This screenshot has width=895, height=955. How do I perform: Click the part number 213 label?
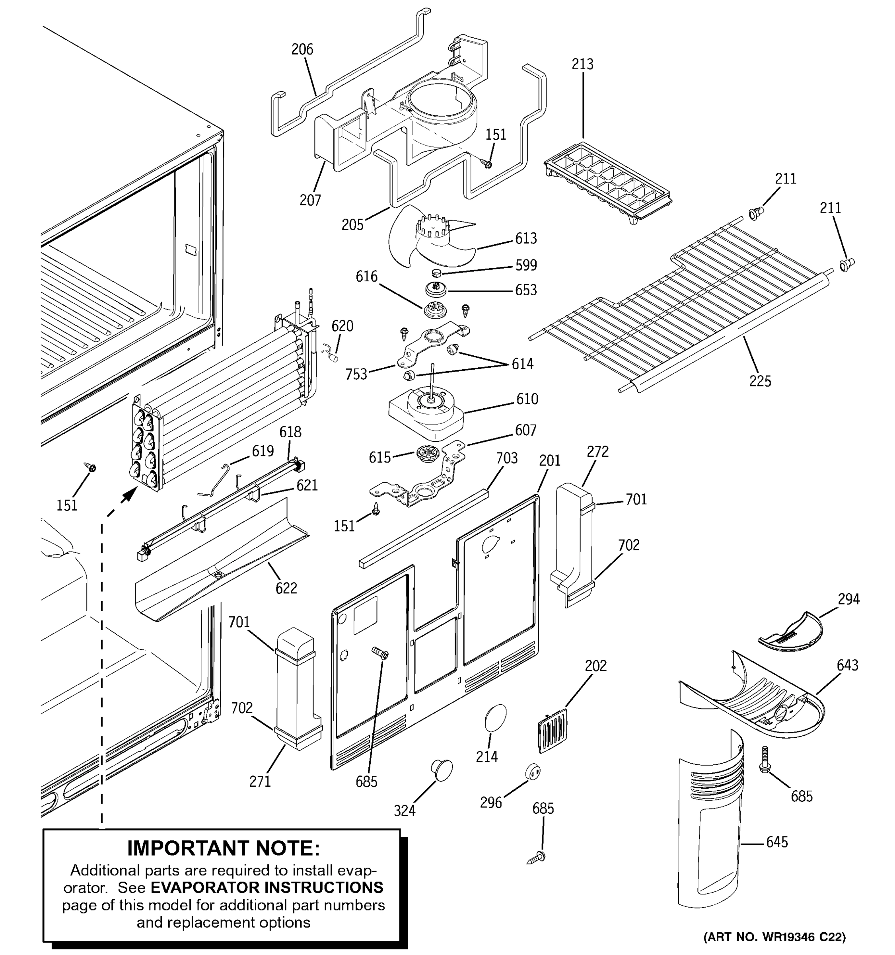[x=582, y=64]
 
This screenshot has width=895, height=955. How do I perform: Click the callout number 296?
[x=491, y=803]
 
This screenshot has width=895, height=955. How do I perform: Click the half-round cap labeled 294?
[x=790, y=633]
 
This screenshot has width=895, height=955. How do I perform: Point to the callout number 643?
[x=847, y=665]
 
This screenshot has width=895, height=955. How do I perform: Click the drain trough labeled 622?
[x=221, y=562]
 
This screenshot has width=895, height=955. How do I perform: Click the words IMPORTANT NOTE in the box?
[x=223, y=848]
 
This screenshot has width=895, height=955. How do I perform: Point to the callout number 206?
[x=302, y=49]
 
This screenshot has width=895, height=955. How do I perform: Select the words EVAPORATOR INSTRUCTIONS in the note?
[x=267, y=887]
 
